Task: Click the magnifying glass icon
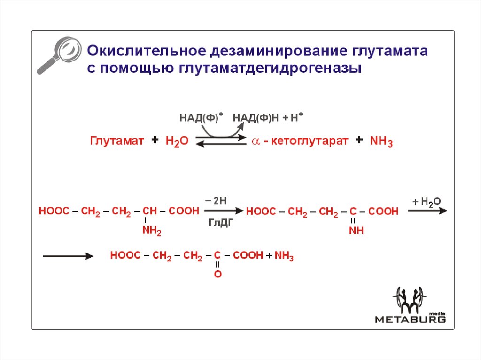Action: [57, 54]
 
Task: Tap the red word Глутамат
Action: [117, 141]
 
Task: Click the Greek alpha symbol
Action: [256, 141]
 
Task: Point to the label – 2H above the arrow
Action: [217, 200]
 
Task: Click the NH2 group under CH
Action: [152, 231]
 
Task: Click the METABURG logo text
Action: [410, 319]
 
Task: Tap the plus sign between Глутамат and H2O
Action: [155, 140]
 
